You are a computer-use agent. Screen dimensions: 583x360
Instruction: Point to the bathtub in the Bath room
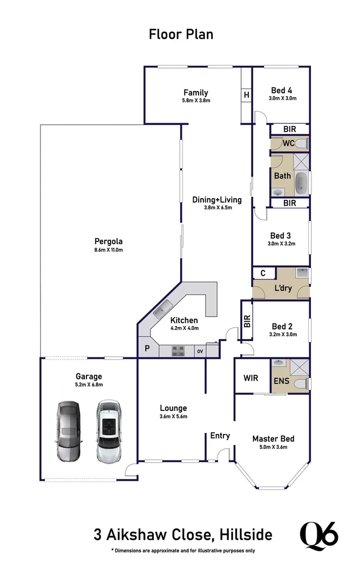302,184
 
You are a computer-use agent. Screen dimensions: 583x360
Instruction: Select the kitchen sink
160,311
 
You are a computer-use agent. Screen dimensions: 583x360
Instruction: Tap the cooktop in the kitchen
178,351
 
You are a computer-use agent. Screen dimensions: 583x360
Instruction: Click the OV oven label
200,351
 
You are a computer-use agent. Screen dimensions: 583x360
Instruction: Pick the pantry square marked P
146,348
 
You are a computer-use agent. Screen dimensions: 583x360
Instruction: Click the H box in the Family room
246,96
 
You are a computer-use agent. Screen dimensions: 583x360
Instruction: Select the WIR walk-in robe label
251,378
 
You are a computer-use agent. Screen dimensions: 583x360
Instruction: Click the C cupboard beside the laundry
263,273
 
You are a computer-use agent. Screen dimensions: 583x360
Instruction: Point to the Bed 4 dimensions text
282,99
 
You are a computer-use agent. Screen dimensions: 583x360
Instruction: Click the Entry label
220,436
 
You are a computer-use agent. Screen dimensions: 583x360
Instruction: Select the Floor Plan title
181,34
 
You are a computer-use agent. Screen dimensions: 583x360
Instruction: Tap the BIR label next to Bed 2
247,322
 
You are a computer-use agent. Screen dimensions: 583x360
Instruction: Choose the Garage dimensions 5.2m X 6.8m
89,384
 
